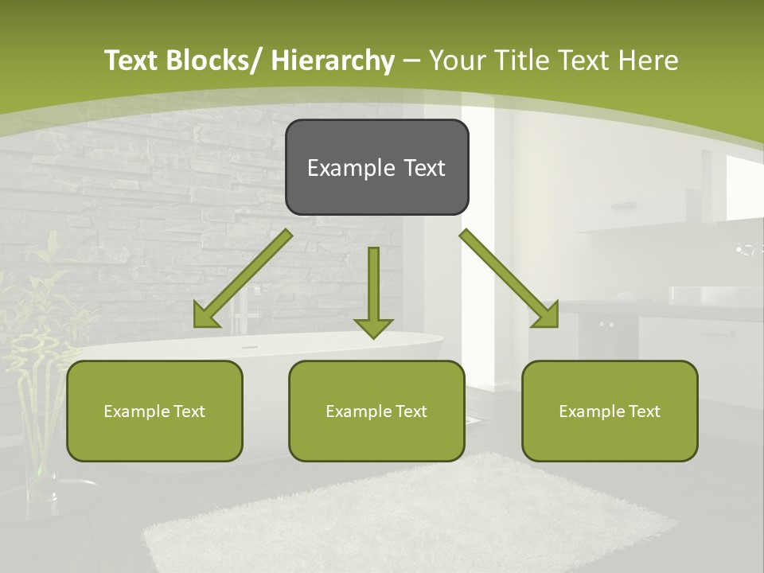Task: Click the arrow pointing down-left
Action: click(x=243, y=279)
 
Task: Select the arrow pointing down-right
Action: click(x=509, y=279)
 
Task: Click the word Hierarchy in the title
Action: click(x=333, y=60)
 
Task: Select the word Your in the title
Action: click(x=457, y=60)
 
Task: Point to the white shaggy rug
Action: click(x=414, y=517)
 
